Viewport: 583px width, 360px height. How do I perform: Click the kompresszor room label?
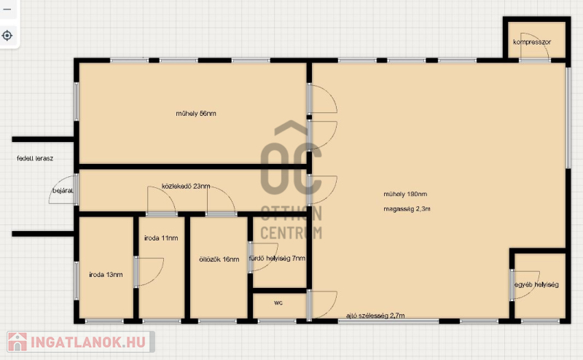(x=532, y=42)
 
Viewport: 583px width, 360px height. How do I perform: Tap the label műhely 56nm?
(x=196, y=114)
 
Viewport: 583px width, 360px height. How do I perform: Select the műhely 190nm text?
(x=405, y=194)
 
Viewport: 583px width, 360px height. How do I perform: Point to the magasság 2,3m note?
(x=407, y=209)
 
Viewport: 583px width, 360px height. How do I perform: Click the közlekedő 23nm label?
(x=186, y=186)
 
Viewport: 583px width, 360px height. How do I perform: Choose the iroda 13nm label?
(x=106, y=275)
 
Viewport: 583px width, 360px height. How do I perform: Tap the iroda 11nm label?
(x=161, y=238)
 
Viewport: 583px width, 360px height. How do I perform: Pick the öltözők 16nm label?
(x=219, y=259)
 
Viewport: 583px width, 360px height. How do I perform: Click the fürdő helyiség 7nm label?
(x=277, y=258)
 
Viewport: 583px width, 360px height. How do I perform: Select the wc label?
(x=278, y=302)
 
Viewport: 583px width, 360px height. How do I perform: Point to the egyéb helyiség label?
(x=536, y=284)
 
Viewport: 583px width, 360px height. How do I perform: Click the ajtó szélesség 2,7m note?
(x=375, y=316)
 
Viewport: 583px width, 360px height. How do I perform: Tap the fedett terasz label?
(x=35, y=158)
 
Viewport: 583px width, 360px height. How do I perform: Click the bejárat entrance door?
(x=63, y=189)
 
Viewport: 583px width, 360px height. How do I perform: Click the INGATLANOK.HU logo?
(x=81, y=342)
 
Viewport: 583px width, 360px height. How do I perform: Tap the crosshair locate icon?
(x=7, y=36)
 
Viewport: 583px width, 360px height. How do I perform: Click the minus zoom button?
(x=7, y=9)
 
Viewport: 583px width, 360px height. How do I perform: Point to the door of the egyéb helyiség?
(x=525, y=285)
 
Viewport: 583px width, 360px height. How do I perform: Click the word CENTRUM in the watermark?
(x=291, y=232)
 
